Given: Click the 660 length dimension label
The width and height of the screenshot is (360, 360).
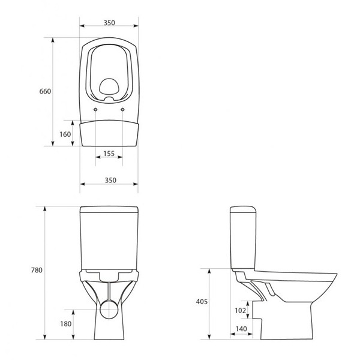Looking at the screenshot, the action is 45,91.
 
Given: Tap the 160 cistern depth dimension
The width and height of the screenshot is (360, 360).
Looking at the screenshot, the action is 65,134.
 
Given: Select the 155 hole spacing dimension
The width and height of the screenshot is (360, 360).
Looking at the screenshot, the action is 109,154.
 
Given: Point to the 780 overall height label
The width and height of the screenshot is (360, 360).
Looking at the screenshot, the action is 37,270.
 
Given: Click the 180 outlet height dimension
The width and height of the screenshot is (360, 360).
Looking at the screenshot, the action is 66,324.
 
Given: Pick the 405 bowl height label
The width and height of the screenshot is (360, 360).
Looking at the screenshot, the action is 202,301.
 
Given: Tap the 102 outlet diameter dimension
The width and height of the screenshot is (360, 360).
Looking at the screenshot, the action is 240,310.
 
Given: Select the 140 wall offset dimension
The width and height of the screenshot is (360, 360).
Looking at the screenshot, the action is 241,329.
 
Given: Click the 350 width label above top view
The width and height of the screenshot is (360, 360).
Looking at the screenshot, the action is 109,23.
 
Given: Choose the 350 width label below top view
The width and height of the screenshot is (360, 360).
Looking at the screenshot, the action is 110,180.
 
